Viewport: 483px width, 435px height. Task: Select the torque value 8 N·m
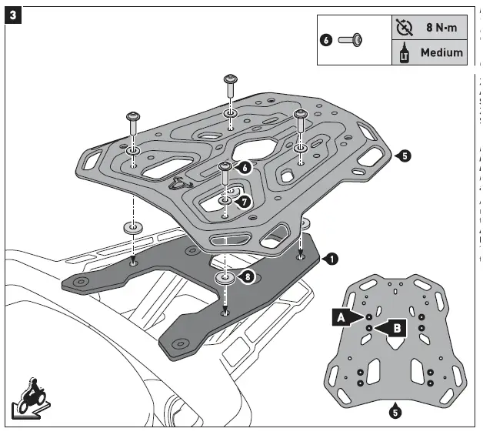click(x=444, y=28)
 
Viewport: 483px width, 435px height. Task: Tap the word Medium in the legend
click(x=441, y=52)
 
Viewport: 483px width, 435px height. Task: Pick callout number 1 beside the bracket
click(x=330, y=259)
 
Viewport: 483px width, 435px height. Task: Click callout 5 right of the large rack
click(x=405, y=156)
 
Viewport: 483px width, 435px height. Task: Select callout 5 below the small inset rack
click(x=395, y=412)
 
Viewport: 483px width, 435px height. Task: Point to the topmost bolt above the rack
click(x=229, y=85)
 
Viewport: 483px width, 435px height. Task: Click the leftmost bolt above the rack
click(x=132, y=122)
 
